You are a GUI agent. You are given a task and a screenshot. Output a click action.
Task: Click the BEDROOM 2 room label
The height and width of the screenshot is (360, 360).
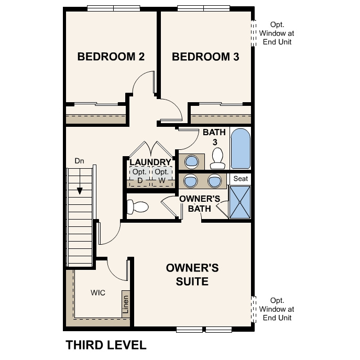pos(111,57)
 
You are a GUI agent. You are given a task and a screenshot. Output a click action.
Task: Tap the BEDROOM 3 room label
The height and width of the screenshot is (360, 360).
pos(205,57)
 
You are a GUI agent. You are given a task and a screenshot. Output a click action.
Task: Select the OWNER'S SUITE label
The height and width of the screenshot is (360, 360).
pos(192,275)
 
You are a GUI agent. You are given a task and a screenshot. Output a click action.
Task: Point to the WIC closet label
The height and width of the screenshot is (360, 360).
pos(98,292)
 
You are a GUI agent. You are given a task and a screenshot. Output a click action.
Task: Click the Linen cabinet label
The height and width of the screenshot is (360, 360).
pos(126,304)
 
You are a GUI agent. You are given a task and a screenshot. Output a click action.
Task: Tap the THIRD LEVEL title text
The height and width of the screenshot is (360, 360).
pos(106,345)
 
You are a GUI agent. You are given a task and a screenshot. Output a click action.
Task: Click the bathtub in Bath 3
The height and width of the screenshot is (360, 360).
pos(241,149)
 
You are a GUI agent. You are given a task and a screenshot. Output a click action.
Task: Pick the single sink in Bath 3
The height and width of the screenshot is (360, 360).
pos(191,160)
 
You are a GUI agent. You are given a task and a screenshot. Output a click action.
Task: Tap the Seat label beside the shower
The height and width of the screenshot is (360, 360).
pos(241,179)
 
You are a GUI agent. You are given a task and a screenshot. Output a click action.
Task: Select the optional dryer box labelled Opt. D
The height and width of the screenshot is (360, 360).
pos(140,177)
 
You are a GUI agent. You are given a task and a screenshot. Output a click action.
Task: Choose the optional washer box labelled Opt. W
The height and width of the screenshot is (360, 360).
pos(162,177)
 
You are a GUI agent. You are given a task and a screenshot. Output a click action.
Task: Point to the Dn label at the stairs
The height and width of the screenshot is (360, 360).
pos(80,160)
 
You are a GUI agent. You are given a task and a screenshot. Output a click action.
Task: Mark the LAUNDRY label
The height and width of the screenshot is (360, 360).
pos(150,162)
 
